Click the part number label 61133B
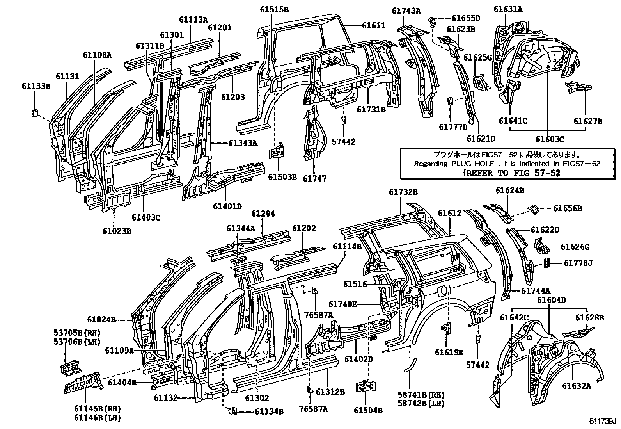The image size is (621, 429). (x=36, y=86)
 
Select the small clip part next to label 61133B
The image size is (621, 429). (x=35, y=113)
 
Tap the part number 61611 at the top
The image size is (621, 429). (x=373, y=26)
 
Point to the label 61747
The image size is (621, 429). (x=314, y=178)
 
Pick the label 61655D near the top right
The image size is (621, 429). (x=466, y=18)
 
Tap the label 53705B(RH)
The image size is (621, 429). (x=76, y=333)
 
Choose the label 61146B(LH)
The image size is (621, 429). (x=97, y=418)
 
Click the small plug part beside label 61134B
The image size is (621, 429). (x=232, y=411)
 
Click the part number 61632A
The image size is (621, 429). (x=577, y=386)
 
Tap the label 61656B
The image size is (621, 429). (x=568, y=208)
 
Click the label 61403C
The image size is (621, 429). (x=146, y=217)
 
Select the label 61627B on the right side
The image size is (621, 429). (x=587, y=121)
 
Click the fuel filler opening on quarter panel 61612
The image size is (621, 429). (x=445, y=291)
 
